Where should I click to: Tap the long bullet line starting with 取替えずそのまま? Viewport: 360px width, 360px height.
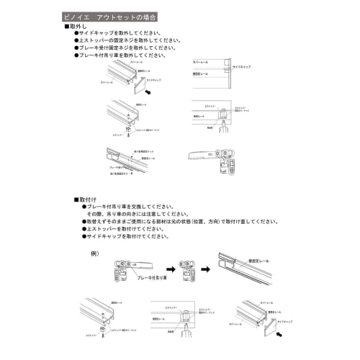[180, 221]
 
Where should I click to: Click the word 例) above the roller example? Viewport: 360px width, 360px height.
[94, 253]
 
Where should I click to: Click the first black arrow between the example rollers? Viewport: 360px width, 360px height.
[164, 266]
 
